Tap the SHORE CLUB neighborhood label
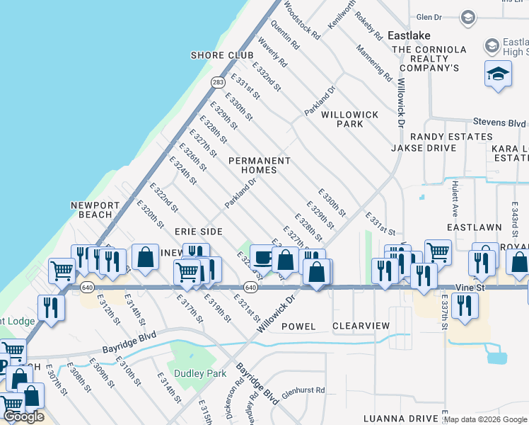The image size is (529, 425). (222, 55)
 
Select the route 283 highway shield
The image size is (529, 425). (219, 83)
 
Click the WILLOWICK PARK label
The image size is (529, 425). (350, 119)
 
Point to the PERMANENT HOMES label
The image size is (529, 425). (260, 165)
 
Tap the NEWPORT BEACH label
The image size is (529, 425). (91, 210)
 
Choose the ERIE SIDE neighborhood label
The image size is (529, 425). (199, 232)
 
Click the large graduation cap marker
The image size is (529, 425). (498, 73)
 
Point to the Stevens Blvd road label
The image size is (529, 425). (499, 122)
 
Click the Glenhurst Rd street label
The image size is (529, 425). (303, 390)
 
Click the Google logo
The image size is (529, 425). (23, 416)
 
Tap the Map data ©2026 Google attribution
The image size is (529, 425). (485, 419)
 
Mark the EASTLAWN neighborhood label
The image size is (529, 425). (474, 227)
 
